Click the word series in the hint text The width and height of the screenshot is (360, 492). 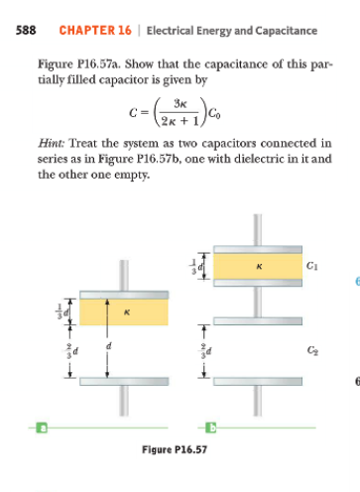52,159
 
